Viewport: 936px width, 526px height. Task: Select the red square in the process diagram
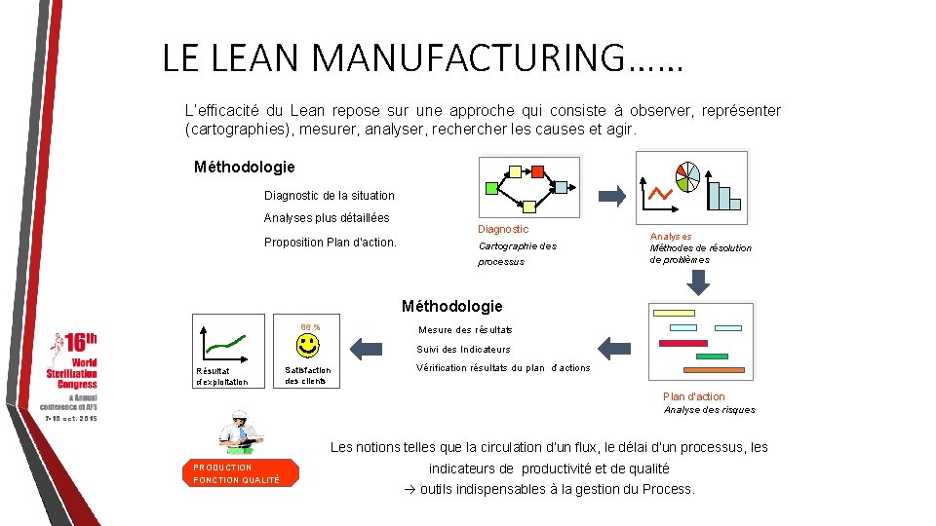(x=536, y=172)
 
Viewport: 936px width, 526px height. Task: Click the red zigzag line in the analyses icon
(x=660, y=194)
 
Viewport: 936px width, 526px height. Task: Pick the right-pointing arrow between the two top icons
(x=611, y=197)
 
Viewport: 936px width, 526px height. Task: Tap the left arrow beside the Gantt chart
(x=614, y=347)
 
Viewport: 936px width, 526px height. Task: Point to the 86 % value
(x=310, y=326)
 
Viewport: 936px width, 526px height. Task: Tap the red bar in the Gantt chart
(x=682, y=343)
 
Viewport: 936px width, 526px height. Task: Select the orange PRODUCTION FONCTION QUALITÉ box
(x=238, y=473)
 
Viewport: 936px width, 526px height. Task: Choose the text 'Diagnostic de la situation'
(x=330, y=196)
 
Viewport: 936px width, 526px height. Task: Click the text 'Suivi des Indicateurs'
(x=463, y=350)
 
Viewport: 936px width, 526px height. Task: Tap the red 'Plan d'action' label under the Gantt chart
(x=693, y=396)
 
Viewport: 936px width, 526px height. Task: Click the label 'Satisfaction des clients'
(x=307, y=375)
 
